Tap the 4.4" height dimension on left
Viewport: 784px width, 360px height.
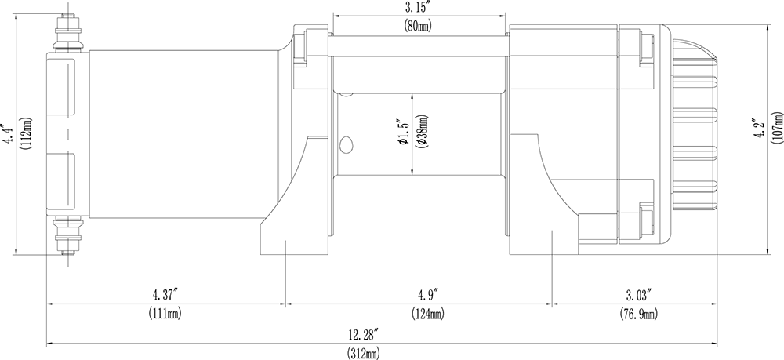pyautogui.click(x=8, y=134)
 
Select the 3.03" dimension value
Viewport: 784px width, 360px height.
pyautogui.click(x=636, y=295)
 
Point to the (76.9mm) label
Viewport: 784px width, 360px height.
pyautogui.click(x=636, y=313)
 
